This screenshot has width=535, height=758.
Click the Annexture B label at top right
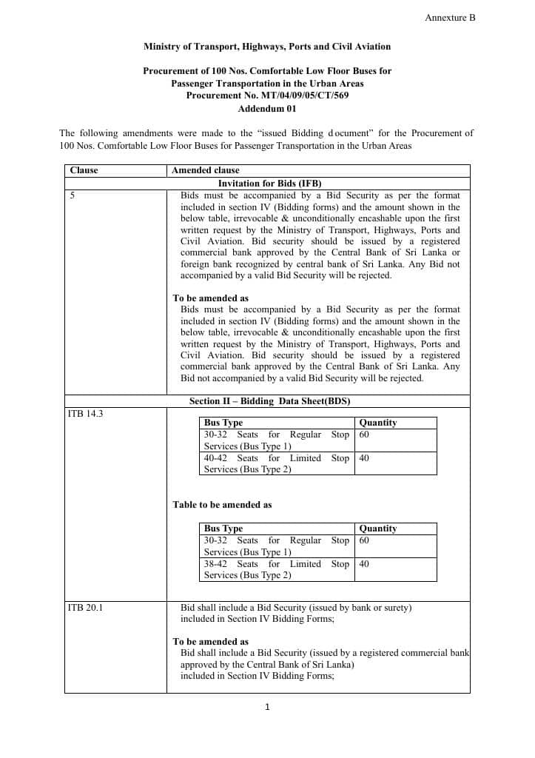coord(450,17)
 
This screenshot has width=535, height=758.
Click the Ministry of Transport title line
coord(267,47)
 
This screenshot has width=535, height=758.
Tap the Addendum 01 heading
coord(267,108)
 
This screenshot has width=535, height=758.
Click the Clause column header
coord(84,170)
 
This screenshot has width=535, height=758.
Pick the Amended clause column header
coord(206,170)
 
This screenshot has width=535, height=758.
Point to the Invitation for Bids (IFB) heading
coord(269,183)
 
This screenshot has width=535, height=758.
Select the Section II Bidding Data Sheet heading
coord(269,401)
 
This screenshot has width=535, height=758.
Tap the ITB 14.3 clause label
coord(85,413)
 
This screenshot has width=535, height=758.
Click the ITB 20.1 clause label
coord(85,608)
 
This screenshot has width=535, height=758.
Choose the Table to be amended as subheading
coord(222,505)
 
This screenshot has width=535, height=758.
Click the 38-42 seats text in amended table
coord(216,564)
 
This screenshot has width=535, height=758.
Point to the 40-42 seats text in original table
coord(216,458)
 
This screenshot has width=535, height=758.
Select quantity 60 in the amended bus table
coord(364,540)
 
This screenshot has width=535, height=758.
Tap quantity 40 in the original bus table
coord(364,458)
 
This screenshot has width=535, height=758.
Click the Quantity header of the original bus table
coord(377,423)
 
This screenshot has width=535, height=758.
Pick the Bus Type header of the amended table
coord(223,529)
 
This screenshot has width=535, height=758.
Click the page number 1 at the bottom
coord(267,707)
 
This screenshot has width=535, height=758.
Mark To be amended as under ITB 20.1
coord(211,642)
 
